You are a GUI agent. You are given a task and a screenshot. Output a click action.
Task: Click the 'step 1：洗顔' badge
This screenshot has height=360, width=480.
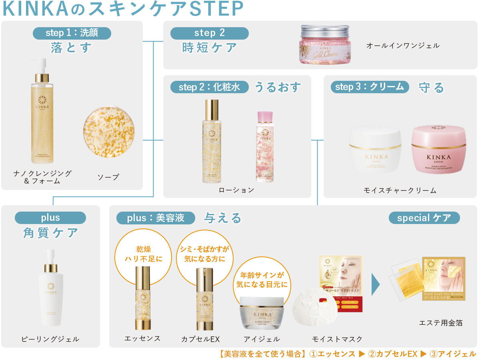coord(72,33)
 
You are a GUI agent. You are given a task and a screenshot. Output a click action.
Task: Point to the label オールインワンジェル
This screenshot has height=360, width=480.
coord(403,46)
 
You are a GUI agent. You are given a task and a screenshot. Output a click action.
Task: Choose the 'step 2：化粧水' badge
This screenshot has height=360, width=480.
coord(209,87)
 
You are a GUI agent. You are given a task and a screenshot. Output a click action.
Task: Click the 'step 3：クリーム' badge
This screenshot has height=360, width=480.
coord(370,87)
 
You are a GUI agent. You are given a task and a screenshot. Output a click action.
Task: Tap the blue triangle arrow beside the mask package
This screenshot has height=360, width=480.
coord(376,284)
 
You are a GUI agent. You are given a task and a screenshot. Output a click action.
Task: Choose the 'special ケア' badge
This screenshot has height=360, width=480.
coord(424,218)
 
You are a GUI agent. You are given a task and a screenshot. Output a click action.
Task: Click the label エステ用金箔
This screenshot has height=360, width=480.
coord(440,323)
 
